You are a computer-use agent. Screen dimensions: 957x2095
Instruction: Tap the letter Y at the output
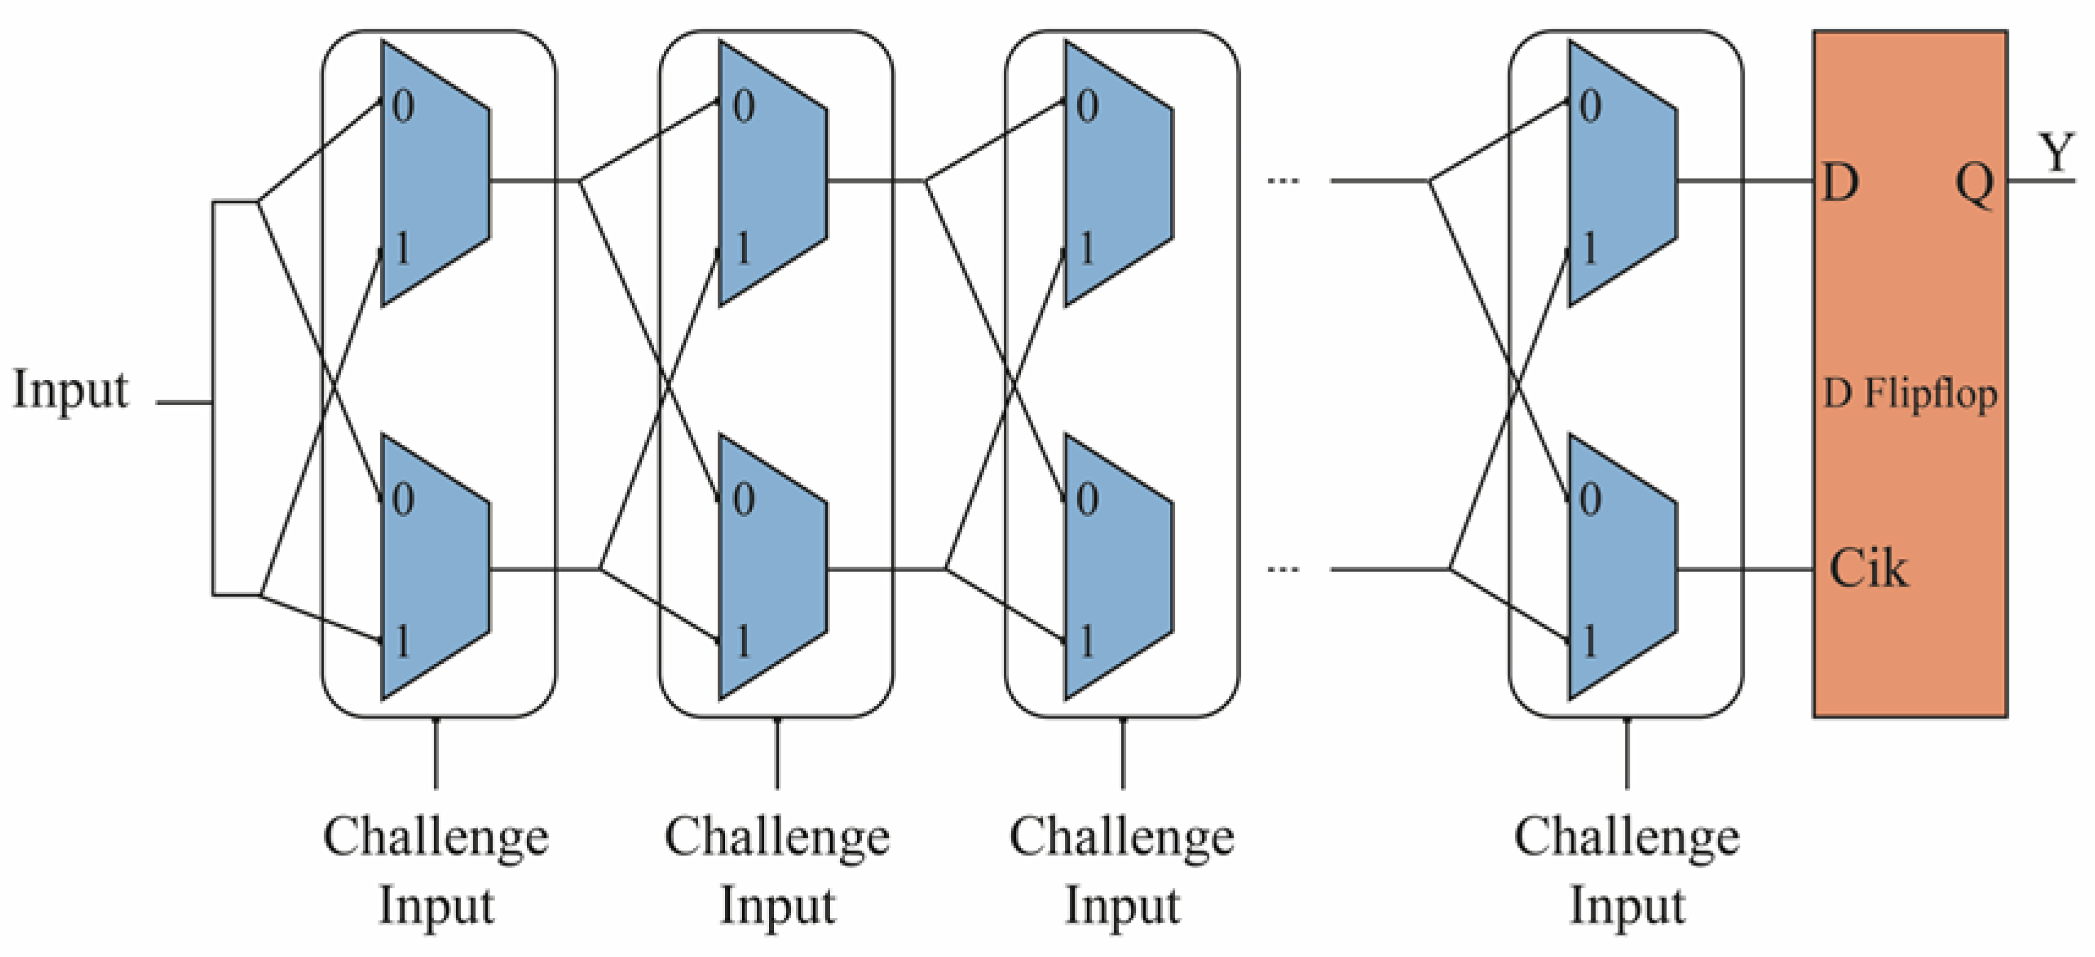(2056, 152)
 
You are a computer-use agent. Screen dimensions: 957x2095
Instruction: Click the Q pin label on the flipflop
(1975, 184)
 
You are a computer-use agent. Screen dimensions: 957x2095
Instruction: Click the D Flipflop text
(1910, 395)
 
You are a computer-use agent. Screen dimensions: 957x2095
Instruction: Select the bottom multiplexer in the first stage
(436, 567)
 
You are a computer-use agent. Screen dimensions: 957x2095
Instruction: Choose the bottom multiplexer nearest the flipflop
(1622, 567)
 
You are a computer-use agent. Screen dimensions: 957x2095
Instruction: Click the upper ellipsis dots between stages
(1283, 181)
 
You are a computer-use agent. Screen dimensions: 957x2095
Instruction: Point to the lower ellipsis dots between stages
(1283, 570)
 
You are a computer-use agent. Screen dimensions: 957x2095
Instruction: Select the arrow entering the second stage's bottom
(778, 753)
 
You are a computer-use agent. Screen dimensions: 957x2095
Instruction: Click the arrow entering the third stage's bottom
(1123, 753)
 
